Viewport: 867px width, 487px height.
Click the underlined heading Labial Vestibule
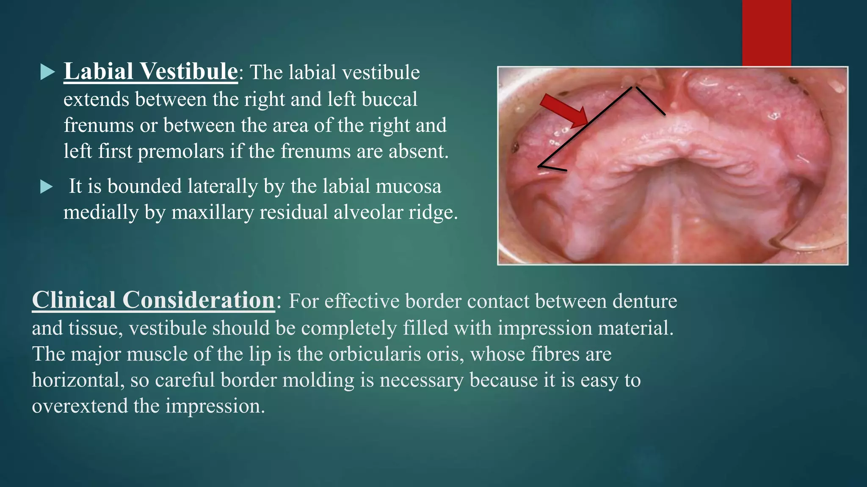[x=150, y=71]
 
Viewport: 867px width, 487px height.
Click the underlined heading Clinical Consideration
[x=153, y=300]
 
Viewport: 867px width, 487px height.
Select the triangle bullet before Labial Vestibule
[x=47, y=72]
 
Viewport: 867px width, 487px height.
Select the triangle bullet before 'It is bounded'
[x=47, y=186]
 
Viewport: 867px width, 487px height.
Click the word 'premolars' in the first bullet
[x=181, y=151]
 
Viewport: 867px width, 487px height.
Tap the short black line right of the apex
[x=651, y=101]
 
